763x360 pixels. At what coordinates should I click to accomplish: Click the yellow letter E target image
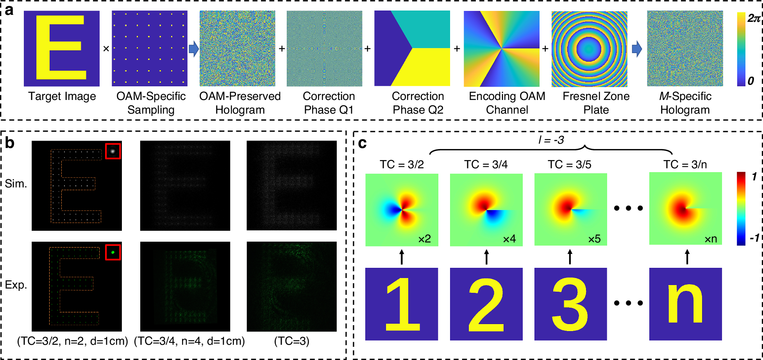pos(62,48)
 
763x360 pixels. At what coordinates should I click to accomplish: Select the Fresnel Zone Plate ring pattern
pos(589,49)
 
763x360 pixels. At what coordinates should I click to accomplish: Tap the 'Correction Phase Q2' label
pos(418,103)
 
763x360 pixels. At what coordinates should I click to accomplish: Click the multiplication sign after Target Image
pos(106,49)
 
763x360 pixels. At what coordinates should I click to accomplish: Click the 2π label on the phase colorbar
pos(754,18)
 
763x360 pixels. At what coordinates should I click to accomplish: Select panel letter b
pos(10,143)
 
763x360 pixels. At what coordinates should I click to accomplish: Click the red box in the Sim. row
pos(113,151)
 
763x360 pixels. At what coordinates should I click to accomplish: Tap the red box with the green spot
pos(113,252)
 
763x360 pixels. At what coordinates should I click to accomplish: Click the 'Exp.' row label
pos(16,285)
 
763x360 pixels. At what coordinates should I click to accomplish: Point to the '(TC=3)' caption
pos(291,341)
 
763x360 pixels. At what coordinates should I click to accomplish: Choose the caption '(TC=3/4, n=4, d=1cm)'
pos(189,341)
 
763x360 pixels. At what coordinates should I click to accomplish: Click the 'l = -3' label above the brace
pos(551,140)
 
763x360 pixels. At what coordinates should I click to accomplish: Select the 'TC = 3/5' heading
pos(570,164)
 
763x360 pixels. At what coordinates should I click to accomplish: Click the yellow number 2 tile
pos(486,304)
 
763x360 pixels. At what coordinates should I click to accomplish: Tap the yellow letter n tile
pos(685,304)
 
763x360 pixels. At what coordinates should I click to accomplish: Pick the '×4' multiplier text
pos(509,239)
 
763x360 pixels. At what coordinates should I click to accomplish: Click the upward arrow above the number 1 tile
pos(402,257)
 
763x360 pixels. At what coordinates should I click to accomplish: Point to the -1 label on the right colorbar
pos(754,237)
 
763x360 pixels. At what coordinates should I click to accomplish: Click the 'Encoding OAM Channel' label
pos(507,103)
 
